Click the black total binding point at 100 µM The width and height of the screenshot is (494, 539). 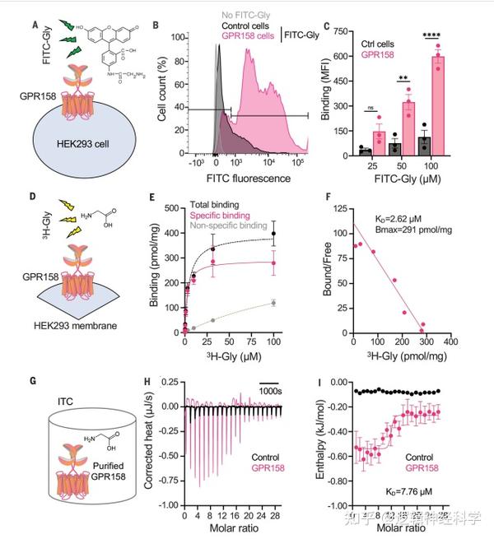point(273,234)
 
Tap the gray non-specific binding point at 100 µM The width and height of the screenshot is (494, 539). point(273,303)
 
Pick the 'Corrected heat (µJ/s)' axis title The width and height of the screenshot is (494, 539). point(150,444)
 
